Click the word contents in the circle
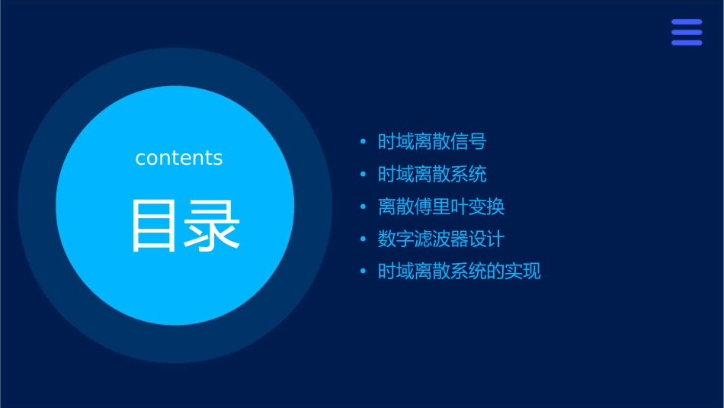coord(179,158)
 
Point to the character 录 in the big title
coord(213,226)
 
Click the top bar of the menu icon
coord(687,22)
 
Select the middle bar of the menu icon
coord(687,32)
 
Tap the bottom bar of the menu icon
coord(687,43)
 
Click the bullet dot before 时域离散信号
coord(364,142)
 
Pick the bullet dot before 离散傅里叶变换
coord(364,207)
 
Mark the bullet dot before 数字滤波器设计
coord(364,239)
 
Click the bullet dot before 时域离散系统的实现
coord(364,272)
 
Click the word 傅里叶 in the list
coord(441,207)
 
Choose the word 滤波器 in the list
coord(441,239)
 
